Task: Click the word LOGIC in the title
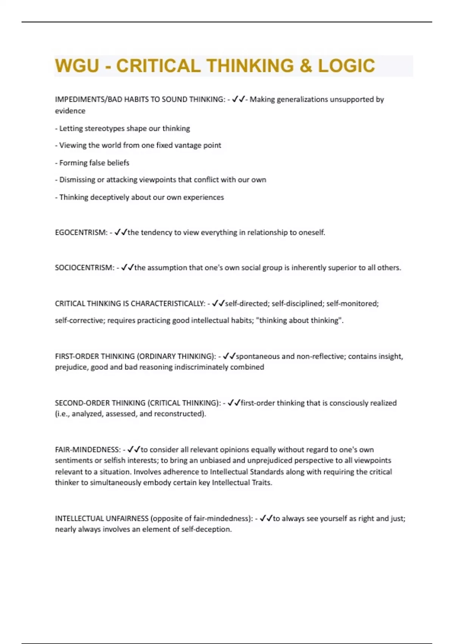[346, 66]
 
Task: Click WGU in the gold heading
[77, 66]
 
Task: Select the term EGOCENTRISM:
[81, 233]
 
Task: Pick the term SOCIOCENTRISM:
[84, 268]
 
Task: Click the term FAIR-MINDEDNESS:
[87, 450]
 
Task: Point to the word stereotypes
[105, 128]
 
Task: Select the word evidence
[70, 111]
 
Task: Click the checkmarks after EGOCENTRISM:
[121, 232]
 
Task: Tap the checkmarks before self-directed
[218, 303]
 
